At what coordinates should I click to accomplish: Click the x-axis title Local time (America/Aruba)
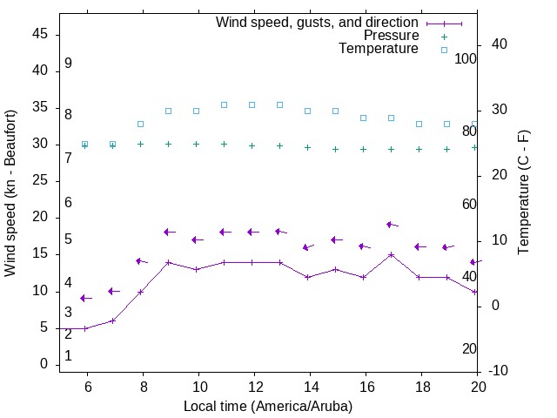[x=268, y=406]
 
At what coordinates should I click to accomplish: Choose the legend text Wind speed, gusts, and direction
[x=318, y=23]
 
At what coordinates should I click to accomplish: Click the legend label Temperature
[x=379, y=49]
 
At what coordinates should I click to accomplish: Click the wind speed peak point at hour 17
[x=392, y=255]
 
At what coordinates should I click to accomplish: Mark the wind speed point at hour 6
[x=85, y=328]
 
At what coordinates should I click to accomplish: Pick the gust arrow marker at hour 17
[x=391, y=225]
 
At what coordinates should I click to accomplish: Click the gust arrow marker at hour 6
[x=85, y=299]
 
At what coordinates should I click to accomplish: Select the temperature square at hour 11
[x=225, y=104]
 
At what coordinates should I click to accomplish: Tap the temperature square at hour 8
[x=141, y=125]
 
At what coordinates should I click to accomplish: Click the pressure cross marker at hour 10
[x=197, y=145]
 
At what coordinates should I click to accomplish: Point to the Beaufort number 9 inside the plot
[x=68, y=64]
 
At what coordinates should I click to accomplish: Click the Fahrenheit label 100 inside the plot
[x=466, y=58]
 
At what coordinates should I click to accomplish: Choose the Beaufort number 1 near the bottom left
[x=68, y=356]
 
